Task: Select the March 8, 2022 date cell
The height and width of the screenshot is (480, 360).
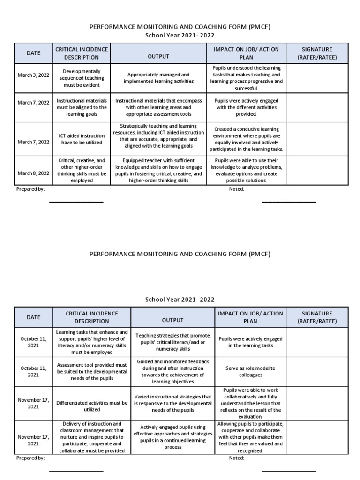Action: pyautogui.click(x=33, y=173)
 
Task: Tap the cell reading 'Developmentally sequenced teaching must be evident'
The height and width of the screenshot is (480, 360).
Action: pyautogui.click(x=82, y=78)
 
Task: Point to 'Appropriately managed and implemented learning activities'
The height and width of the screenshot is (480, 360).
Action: pyautogui.click(x=158, y=78)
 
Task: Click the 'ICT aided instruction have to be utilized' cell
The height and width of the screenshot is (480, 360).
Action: pyautogui.click(x=82, y=139)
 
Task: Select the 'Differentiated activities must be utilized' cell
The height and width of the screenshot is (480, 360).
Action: pyautogui.click(x=92, y=406)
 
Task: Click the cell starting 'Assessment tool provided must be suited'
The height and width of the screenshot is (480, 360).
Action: pyautogui.click(x=92, y=371)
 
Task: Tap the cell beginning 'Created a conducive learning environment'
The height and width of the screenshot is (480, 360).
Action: pyautogui.click(x=247, y=139)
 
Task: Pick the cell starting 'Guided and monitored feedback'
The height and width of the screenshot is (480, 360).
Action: pyautogui.click(x=172, y=371)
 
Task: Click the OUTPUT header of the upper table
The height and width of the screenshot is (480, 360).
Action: pyautogui.click(x=158, y=57)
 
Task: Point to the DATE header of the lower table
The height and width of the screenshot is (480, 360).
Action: pyautogui.click(x=33, y=317)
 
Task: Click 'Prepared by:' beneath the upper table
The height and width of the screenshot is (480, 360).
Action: pyautogui.click(x=30, y=189)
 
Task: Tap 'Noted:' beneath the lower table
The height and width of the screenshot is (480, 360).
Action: pyautogui.click(x=236, y=458)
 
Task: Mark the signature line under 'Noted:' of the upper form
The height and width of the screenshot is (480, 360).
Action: pyautogui.click(x=289, y=202)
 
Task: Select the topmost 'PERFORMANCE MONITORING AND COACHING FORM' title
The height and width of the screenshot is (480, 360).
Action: pyautogui.click(x=180, y=27)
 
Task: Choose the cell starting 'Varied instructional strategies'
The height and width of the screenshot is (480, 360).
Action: pyautogui.click(x=172, y=403)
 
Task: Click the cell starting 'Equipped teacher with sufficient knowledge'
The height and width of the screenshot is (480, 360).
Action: pyautogui.click(x=158, y=170)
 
